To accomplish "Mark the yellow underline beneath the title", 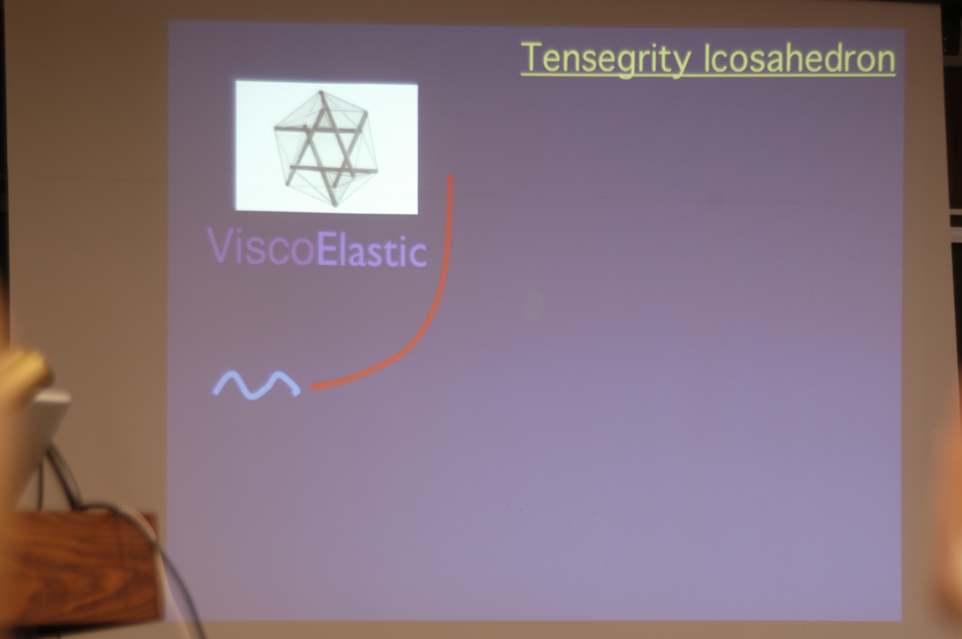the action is point(708,74).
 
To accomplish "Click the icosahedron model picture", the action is point(326,147).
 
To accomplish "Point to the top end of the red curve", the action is point(450,176).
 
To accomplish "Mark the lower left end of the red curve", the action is point(313,387).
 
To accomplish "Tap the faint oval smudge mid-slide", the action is point(533,304).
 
